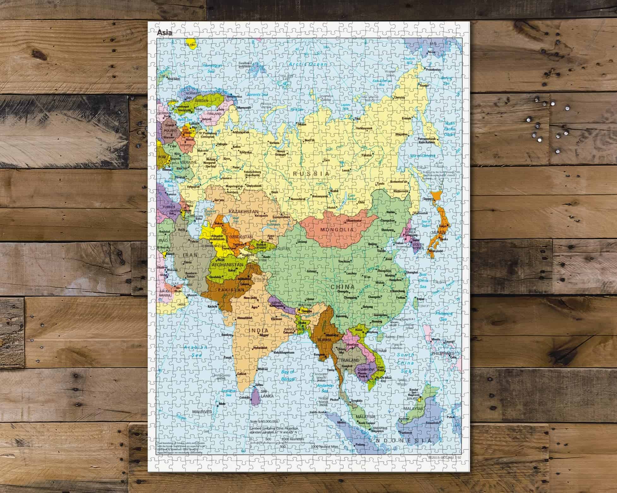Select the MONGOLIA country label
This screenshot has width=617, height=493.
(337, 230)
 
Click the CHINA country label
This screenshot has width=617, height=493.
(342, 287)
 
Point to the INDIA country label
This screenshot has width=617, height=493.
(258, 331)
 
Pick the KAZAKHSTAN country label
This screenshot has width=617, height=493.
(244, 212)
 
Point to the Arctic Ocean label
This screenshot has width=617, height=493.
(308, 64)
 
